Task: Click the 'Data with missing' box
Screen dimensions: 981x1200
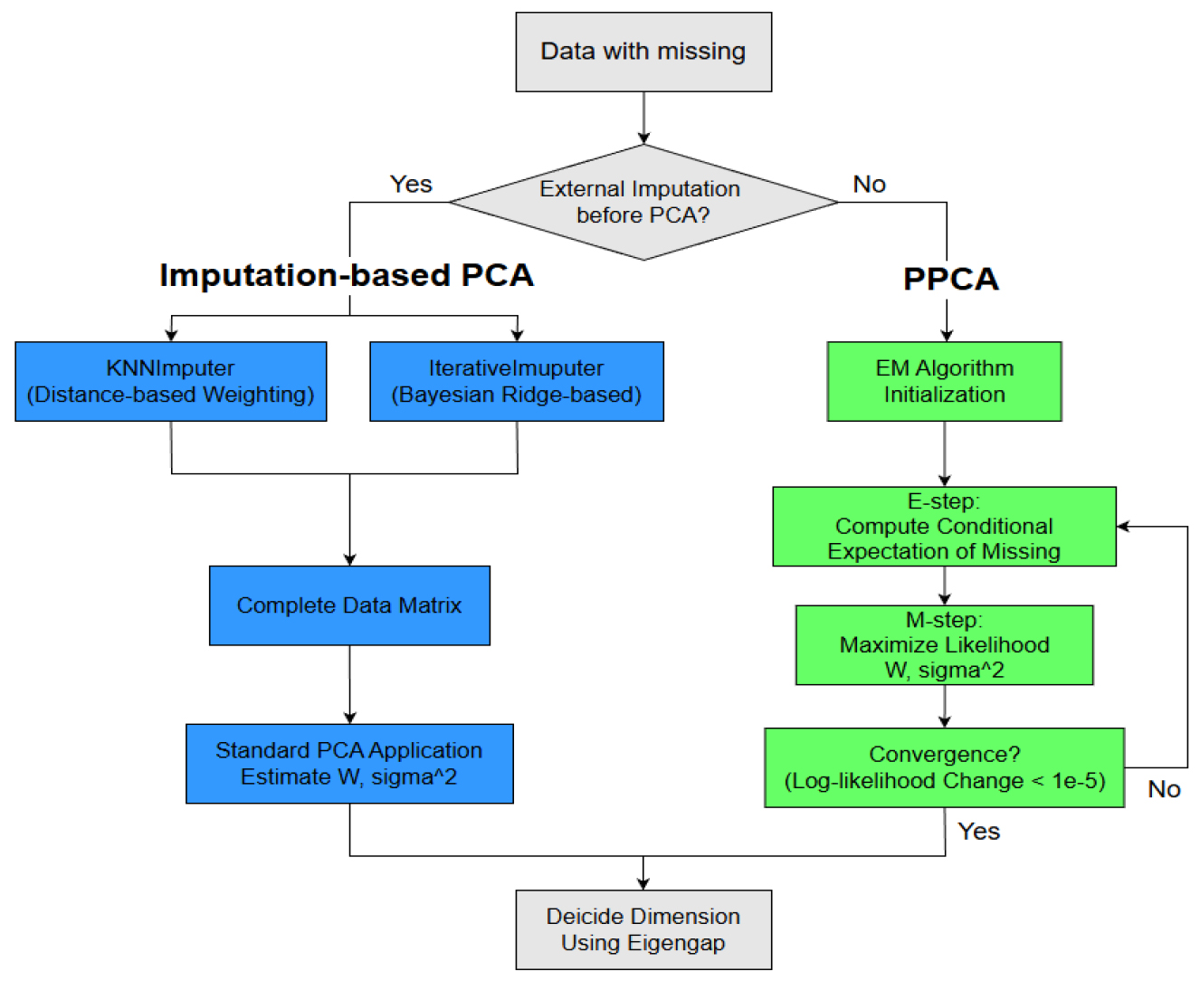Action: tap(643, 52)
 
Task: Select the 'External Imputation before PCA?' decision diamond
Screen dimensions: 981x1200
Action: tap(643, 202)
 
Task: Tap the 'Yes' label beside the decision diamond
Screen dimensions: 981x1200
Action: tap(411, 185)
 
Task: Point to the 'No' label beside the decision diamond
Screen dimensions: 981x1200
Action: tap(869, 185)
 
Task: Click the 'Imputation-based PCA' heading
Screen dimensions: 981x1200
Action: tap(347, 275)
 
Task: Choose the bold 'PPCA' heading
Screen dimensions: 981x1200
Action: tap(950, 279)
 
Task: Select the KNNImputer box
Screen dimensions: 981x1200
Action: tap(171, 381)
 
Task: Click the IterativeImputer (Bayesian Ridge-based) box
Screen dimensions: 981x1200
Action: tap(517, 381)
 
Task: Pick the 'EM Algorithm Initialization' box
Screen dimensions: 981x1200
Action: tap(944, 381)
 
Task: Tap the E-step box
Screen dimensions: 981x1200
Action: tap(944, 527)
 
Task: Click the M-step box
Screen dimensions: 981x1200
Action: tap(944, 645)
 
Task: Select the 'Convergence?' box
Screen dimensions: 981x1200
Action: tap(944, 767)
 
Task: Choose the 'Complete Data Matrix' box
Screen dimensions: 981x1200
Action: tap(349, 605)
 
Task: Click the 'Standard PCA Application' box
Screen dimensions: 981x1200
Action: tap(349, 764)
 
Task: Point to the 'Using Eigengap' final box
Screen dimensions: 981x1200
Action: tap(643, 929)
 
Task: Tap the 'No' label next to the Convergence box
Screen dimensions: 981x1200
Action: tap(1164, 789)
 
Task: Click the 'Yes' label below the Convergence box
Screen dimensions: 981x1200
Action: tap(978, 832)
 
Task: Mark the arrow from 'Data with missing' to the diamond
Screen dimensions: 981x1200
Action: tap(643, 118)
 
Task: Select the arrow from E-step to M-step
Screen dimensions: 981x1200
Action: tap(944, 586)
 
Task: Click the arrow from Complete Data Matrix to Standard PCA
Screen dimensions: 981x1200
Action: tap(349, 684)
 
